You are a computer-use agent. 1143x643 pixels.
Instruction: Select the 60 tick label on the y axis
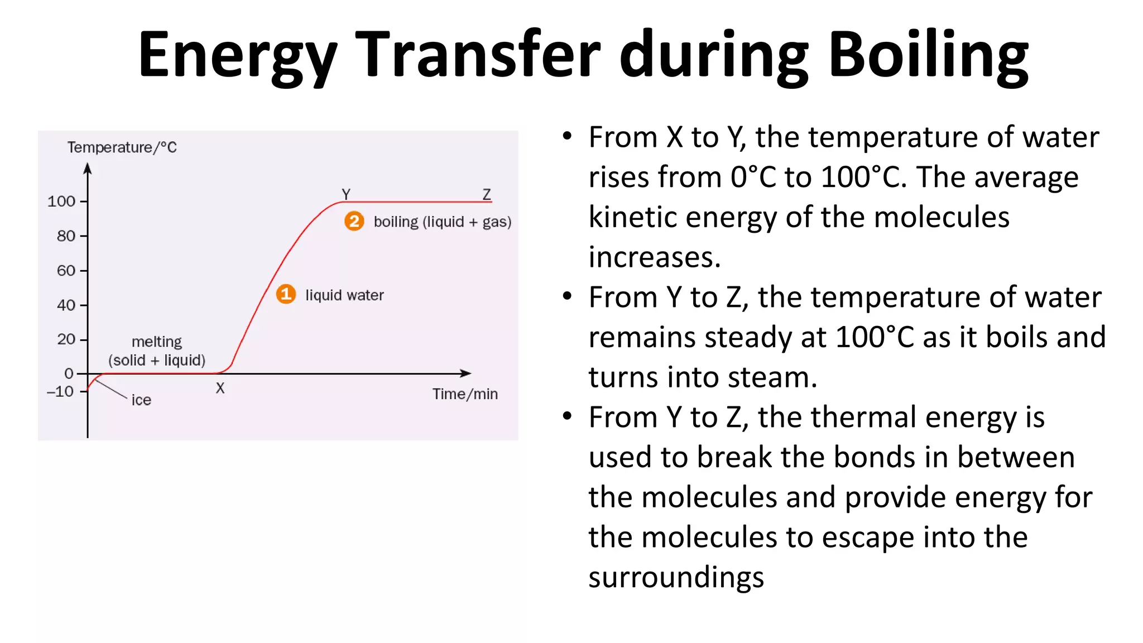pos(66,271)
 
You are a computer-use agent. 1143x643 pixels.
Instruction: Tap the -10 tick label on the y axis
pos(60,391)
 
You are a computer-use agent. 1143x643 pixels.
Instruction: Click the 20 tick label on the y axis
pos(66,339)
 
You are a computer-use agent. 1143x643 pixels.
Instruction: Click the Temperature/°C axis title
pos(122,147)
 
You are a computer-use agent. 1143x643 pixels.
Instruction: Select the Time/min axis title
pos(465,394)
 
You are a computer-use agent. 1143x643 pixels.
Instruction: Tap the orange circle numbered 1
pos(286,294)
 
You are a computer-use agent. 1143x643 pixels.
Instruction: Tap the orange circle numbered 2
pos(354,221)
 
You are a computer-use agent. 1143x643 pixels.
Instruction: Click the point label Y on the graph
pos(346,194)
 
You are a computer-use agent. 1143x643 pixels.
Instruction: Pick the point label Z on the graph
pos(487,194)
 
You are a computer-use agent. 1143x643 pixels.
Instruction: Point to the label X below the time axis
pos(220,388)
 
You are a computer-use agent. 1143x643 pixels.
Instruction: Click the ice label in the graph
pos(141,400)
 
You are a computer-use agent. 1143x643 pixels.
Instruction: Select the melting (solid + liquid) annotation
pos(157,351)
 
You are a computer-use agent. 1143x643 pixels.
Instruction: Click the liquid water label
pos(344,295)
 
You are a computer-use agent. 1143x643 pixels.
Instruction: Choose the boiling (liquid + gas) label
pos(442,222)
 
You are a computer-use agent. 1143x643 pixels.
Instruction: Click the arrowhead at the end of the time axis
pos(466,373)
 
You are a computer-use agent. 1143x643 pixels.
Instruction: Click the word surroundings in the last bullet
pos(676,578)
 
